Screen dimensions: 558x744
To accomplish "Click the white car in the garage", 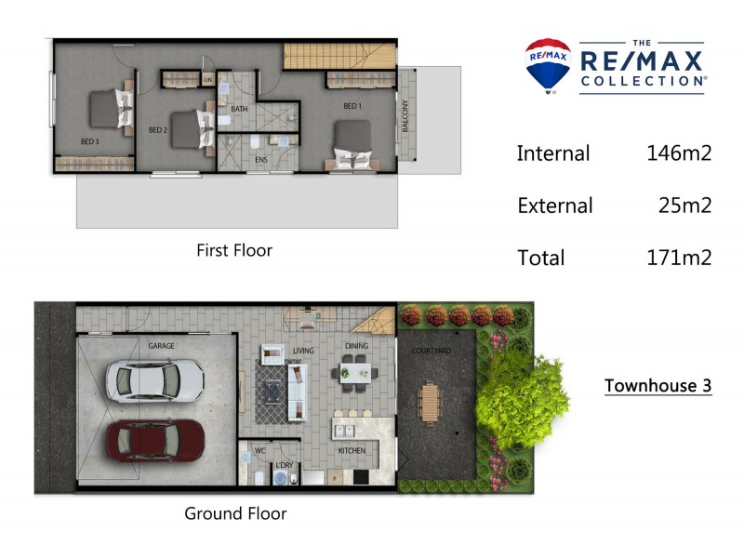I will pyautogui.click(x=155, y=380).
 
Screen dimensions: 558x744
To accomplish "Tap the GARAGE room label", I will pyautogui.click(x=161, y=346).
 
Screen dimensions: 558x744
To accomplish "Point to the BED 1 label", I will pyautogui.click(x=352, y=106).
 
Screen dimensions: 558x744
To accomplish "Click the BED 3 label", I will pyautogui.click(x=89, y=141).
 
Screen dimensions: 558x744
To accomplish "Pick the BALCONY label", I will pyautogui.click(x=405, y=116).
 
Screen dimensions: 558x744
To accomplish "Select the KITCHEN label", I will pyautogui.click(x=352, y=451).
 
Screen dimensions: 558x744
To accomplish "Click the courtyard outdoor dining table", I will pyautogui.click(x=431, y=401).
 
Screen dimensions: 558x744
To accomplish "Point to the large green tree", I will pyautogui.click(x=522, y=391).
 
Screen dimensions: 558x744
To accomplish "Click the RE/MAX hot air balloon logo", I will pyautogui.click(x=549, y=66).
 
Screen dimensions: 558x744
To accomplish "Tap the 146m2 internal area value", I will pyautogui.click(x=679, y=153).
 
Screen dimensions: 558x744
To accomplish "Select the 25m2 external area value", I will pyautogui.click(x=685, y=206).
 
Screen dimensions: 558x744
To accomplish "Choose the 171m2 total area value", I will pyautogui.click(x=679, y=258).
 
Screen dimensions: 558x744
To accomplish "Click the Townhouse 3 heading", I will pyautogui.click(x=658, y=385).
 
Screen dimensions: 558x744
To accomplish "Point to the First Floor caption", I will pyautogui.click(x=234, y=249).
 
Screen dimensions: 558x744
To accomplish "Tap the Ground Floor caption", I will pyautogui.click(x=235, y=513).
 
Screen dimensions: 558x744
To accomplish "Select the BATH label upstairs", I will pyautogui.click(x=239, y=109).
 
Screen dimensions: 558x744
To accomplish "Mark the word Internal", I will pyautogui.click(x=553, y=153).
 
